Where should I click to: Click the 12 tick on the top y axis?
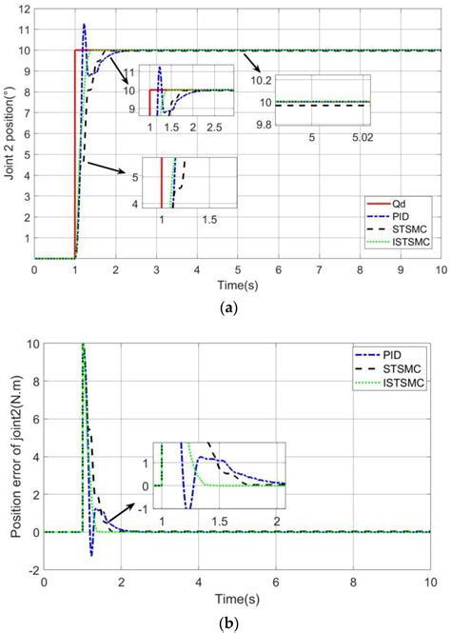pos(24,9)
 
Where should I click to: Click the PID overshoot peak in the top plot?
pos(84,25)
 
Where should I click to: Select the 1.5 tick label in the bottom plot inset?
pos(220,521)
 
